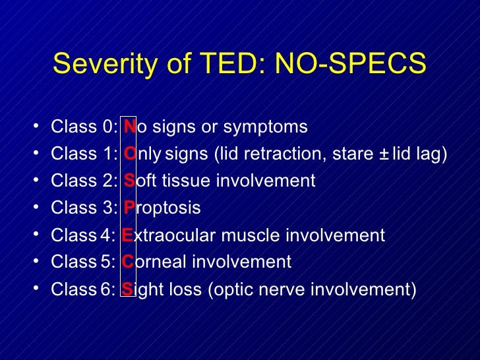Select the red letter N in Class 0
click(x=129, y=127)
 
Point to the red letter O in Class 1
click(x=129, y=154)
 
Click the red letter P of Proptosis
click(x=129, y=208)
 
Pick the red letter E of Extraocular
click(x=128, y=235)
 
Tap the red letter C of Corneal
click(x=128, y=262)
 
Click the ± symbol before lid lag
click(x=383, y=154)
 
